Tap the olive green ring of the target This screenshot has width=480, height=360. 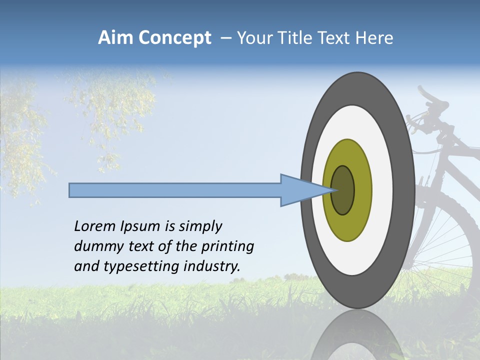[x=347, y=225]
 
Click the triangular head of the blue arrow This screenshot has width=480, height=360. [x=300, y=190]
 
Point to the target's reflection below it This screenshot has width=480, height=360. [x=357, y=335]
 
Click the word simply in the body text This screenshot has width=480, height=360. [x=200, y=226]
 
